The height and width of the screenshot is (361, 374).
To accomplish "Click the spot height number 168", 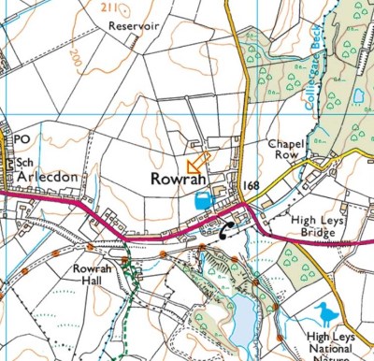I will [x=250, y=187].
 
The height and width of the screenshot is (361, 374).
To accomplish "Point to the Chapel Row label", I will [x=286, y=151].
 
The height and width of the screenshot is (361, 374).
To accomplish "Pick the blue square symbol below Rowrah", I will [x=202, y=199].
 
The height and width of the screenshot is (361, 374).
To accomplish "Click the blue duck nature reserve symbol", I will [x=325, y=312].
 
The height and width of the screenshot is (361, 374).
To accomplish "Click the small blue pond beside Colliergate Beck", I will [x=359, y=95].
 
